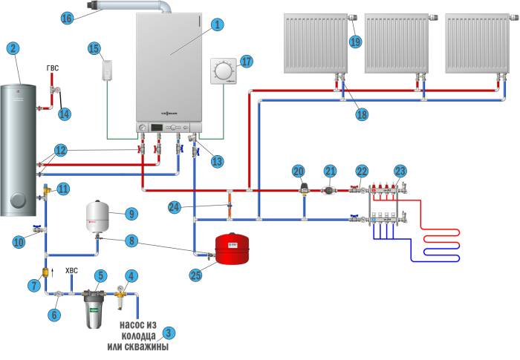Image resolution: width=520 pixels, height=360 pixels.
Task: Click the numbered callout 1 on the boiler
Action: [x=216, y=24]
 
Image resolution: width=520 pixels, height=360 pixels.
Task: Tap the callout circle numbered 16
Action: [x=68, y=17]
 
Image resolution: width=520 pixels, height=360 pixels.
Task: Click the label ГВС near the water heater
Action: [x=52, y=68]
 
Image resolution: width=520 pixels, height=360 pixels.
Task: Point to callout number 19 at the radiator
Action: [x=355, y=42]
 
